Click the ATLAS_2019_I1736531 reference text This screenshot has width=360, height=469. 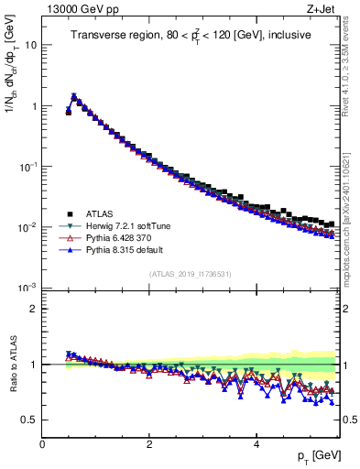pos(191,274)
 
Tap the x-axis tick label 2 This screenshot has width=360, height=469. pos(149,443)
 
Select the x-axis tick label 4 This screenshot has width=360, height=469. pos(256,443)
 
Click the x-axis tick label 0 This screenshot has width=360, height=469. pos(42,443)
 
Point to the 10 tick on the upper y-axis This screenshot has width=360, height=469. pos(31,44)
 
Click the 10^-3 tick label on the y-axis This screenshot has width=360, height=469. pos(27,288)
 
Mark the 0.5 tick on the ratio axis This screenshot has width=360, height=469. pos(30,420)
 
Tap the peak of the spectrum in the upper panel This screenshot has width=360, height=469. pos(73,95)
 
